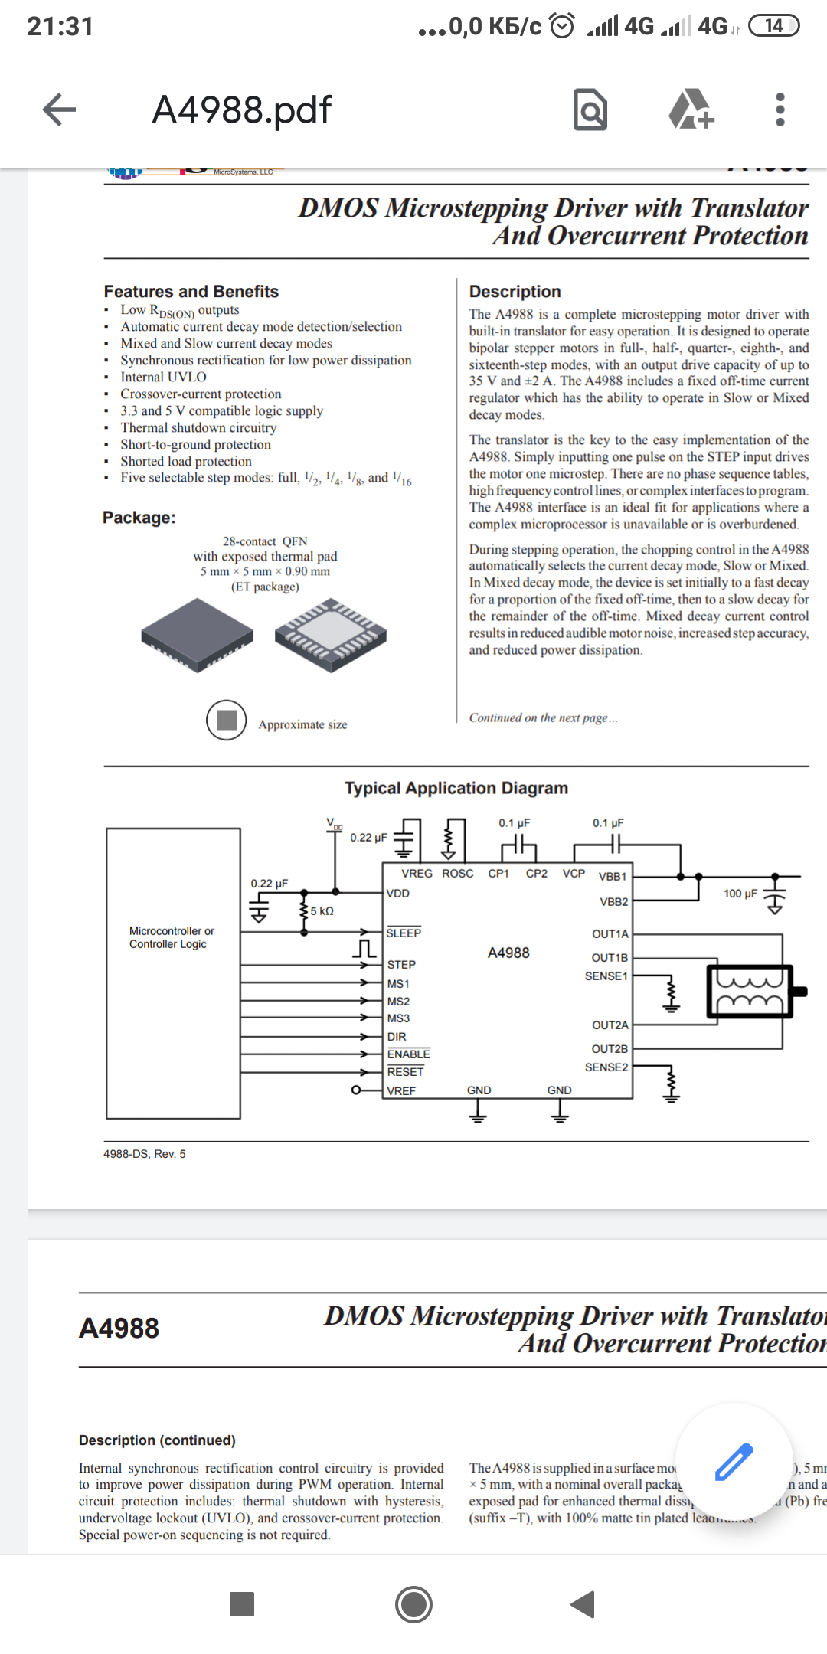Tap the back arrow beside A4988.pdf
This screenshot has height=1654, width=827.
point(59,110)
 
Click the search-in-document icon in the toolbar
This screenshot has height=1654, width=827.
point(590,110)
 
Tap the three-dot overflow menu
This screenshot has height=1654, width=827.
point(780,110)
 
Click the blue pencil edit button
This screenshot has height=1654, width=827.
point(734,1461)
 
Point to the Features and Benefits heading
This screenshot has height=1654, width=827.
point(191,292)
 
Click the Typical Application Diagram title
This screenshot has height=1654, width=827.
point(456,788)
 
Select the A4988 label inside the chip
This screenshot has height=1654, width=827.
point(508,953)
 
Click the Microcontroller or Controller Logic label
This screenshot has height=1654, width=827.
point(172,937)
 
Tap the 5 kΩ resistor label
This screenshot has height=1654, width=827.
point(322,911)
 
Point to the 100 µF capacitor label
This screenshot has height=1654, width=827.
point(740,894)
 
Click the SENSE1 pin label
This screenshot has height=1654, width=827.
point(606,976)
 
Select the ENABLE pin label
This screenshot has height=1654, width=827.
point(408,1054)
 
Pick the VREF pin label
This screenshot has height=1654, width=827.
point(401,1090)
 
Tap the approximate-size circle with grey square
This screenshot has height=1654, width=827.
point(227,720)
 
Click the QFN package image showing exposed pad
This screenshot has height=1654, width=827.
point(331,635)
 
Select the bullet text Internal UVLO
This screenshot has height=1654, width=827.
point(163,377)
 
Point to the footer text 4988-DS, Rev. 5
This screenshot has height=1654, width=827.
point(145,1154)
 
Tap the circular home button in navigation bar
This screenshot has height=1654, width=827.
point(413,1604)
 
